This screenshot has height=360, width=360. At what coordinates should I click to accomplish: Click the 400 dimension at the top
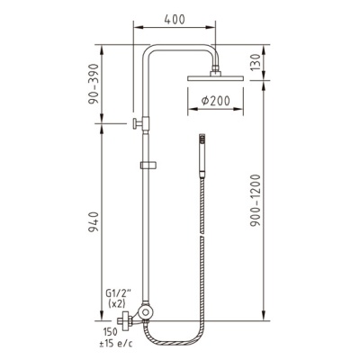tap(175, 20)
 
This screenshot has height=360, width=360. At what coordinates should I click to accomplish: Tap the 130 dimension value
tap(256, 62)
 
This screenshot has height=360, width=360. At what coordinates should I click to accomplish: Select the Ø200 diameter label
tap(215, 101)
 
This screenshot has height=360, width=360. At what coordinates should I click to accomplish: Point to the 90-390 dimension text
tap(94, 84)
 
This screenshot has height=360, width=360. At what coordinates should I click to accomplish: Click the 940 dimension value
tap(94, 222)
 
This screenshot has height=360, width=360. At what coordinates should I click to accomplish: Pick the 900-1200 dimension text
tap(256, 200)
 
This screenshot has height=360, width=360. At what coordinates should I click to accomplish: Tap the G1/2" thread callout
tap(116, 292)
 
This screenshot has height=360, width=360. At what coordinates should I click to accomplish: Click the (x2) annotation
tap(116, 303)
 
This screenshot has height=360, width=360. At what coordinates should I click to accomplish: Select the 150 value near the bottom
tap(111, 332)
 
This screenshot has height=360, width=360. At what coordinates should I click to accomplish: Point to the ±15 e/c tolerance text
tap(116, 343)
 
